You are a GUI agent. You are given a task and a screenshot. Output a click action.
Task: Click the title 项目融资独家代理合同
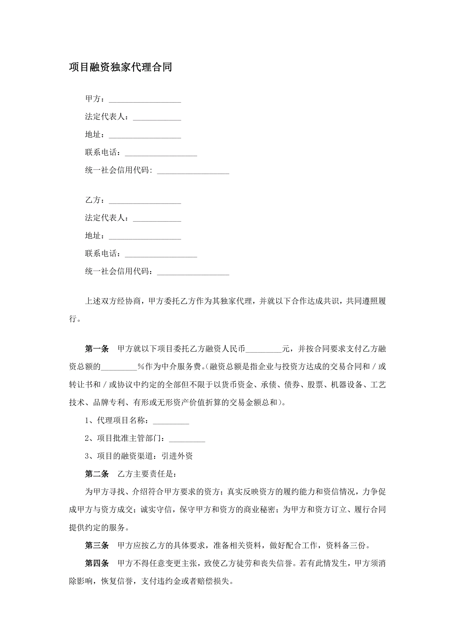pyautogui.click(x=121, y=67)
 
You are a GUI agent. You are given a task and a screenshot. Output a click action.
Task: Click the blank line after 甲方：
pyautogui.click(x=145, y=100)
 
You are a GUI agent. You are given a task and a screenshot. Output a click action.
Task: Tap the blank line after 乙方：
pyautogui.click(x=145, y=201)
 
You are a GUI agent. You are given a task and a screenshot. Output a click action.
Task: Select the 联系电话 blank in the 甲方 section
pyautogui.click(x=161, y=153)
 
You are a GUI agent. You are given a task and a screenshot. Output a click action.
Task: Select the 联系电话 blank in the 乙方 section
pyautogui.click(x=161, y=255)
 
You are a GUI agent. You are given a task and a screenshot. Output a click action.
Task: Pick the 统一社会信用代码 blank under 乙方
pyautogui.click(x=193, y=272)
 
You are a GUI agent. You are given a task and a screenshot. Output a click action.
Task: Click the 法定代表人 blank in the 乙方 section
pyautogui.click(x=157, y=219)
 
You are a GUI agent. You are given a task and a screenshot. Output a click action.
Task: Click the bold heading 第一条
pyautogui.click(x=97, y=349)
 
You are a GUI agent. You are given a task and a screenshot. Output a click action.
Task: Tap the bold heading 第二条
pyautogui.click(x=97, y=474)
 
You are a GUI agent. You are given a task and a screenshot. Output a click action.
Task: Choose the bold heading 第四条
pyautogui.click(x=97, y=563)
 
